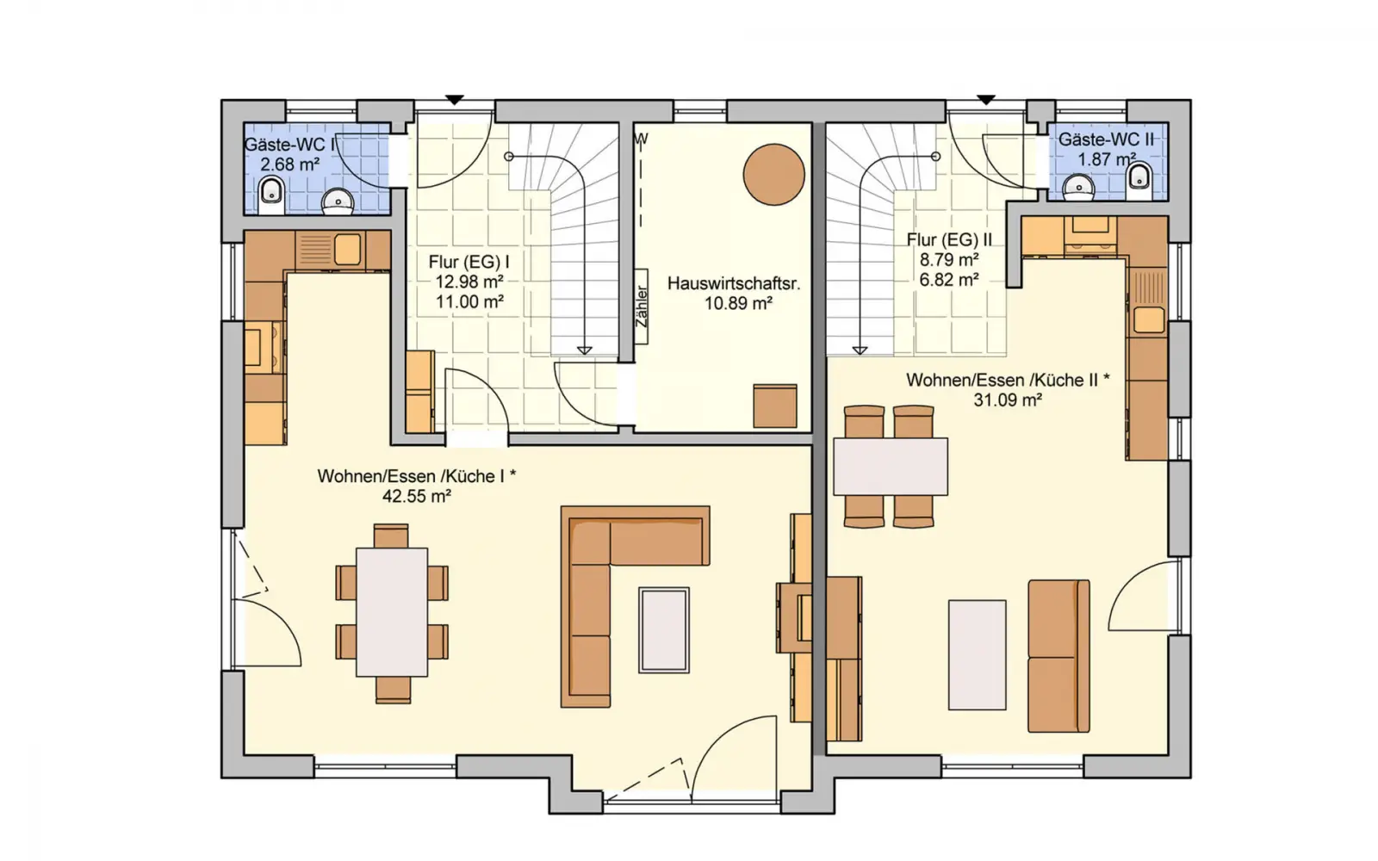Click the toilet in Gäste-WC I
(x=271, y=195)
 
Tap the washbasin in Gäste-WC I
(x=338, y=201)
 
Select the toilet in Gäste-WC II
(x=1139, y=180)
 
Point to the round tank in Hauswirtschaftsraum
(x=774, y=175)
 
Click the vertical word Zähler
(x=642, y=306)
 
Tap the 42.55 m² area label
(x=417, y=496)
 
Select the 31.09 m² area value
(x=1008, y=400)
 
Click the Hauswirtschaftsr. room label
(x=734, y=283)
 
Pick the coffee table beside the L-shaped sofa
(x=664, y=629)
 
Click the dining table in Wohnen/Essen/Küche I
(x=392, y=612)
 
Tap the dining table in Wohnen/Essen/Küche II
(x=891, y=466)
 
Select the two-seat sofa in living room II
(x=1058, y=655)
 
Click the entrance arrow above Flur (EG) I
(x=455, y=100)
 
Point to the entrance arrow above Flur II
(x=986, y=100)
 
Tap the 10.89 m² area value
(x=738, y=303)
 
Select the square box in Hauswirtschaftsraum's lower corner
(x=775, y=406)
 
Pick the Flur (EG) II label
(x=949, y=239)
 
